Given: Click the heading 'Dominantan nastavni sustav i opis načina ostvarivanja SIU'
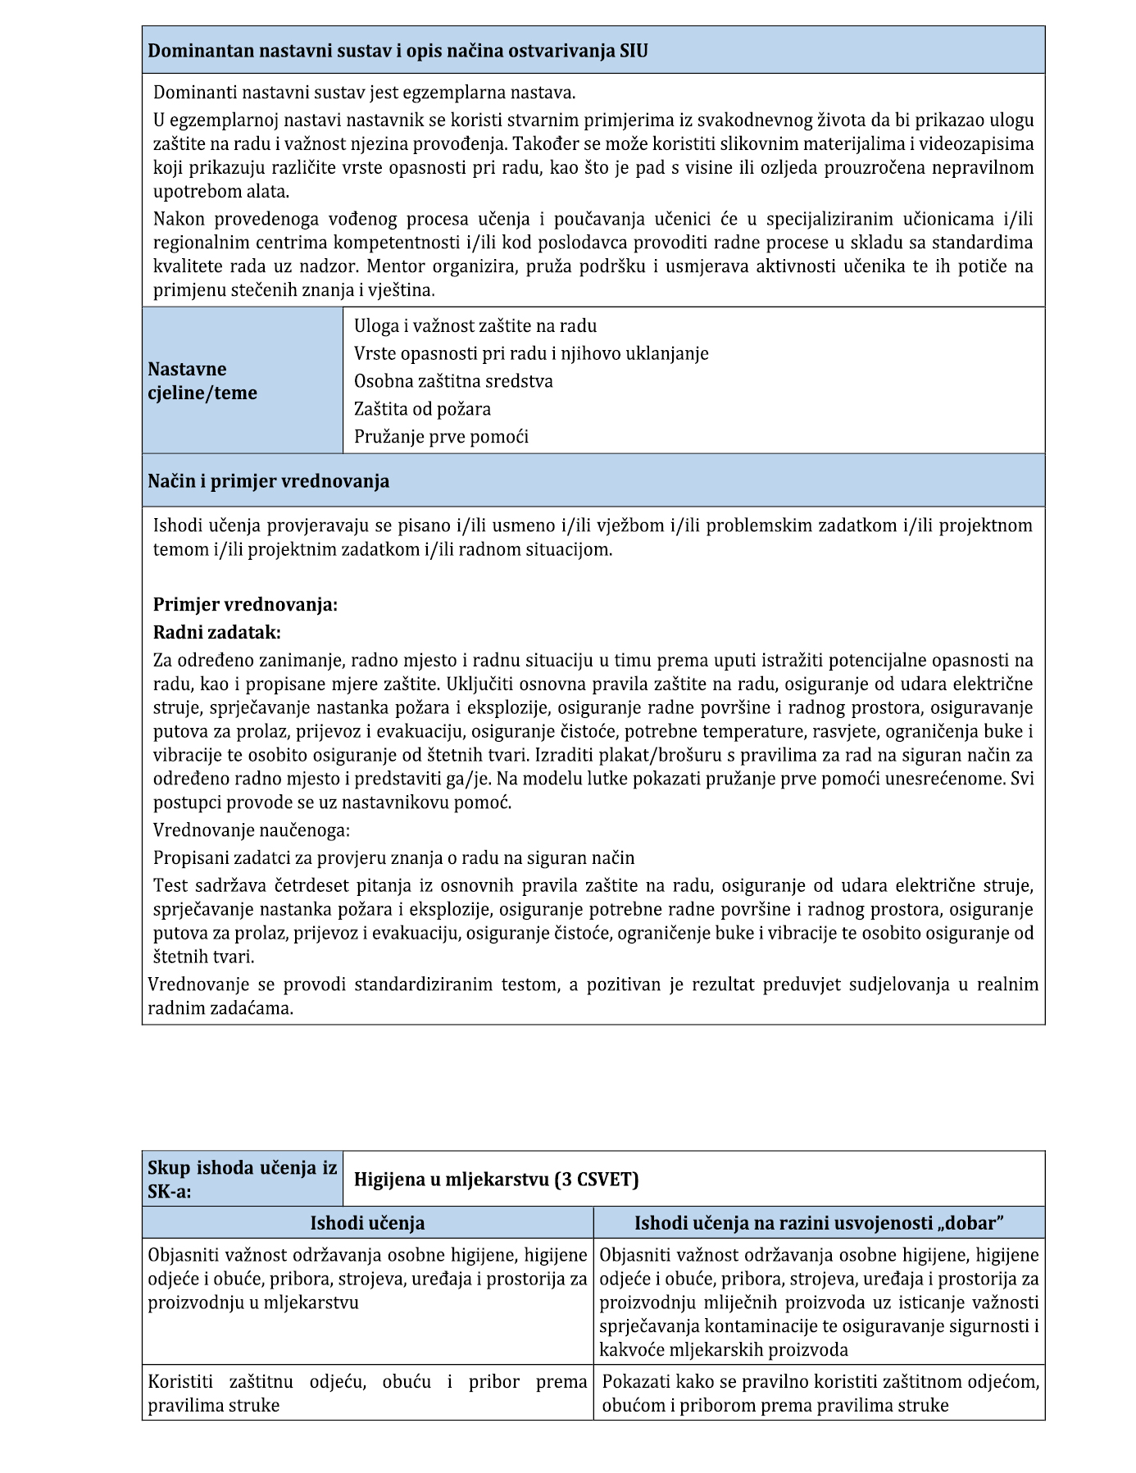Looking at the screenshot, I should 398,51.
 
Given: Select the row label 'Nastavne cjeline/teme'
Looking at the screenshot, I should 202,381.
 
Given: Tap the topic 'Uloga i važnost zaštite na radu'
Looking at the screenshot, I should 475,326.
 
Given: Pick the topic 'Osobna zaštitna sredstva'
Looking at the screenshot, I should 453,381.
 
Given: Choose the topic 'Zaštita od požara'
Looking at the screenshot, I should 422,409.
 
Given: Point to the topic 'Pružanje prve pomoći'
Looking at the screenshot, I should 441,437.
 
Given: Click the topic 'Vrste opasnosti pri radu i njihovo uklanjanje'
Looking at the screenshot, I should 531,353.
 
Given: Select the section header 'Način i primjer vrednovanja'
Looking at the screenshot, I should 268,481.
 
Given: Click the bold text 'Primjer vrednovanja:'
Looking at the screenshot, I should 245,605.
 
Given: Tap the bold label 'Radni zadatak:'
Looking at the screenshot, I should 217,633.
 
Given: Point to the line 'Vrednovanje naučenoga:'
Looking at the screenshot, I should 252,830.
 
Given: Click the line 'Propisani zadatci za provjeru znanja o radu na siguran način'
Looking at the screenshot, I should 393,858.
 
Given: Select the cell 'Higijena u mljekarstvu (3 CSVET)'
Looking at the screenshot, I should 496,1180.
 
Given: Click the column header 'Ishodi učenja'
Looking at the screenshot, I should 367,1223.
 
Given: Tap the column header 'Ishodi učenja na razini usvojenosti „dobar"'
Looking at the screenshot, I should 819,1223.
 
